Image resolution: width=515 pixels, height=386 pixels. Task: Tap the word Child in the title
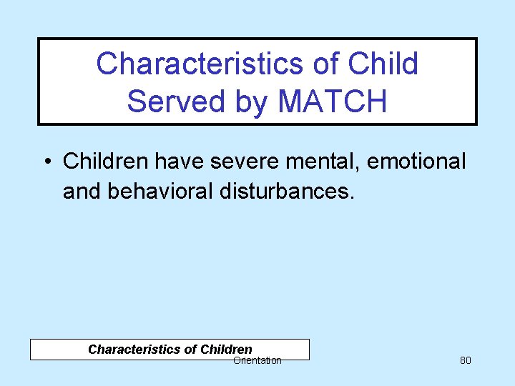tap(383, 64)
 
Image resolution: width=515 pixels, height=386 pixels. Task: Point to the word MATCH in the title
tap(332, 101)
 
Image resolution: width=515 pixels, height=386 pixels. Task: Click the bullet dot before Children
tap(46, 162)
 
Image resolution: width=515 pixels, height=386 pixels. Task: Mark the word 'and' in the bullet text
tap(79, 192)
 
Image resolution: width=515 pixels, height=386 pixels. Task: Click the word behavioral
tap(157, 192)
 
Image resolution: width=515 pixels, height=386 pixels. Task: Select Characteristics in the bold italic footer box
tap(134, 350)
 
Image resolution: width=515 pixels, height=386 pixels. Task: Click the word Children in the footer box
tap(226, 350)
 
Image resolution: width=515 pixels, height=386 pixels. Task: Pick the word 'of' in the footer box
tap(190, 350)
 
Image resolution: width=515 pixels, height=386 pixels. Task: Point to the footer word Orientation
tap(257, 361)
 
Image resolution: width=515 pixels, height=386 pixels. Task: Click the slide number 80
tap(465, 360)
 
